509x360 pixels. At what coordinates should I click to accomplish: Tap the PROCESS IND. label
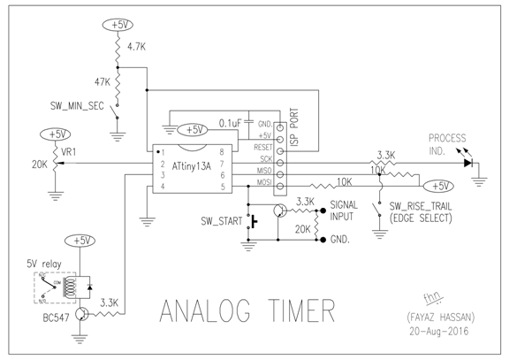(x=450, y=143)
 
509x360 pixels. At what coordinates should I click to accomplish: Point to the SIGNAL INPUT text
(x=344, y=211)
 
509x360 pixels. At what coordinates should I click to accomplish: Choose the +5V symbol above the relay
(x=82, y=240)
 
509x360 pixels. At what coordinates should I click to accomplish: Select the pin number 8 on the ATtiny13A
(x=233, y=151)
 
